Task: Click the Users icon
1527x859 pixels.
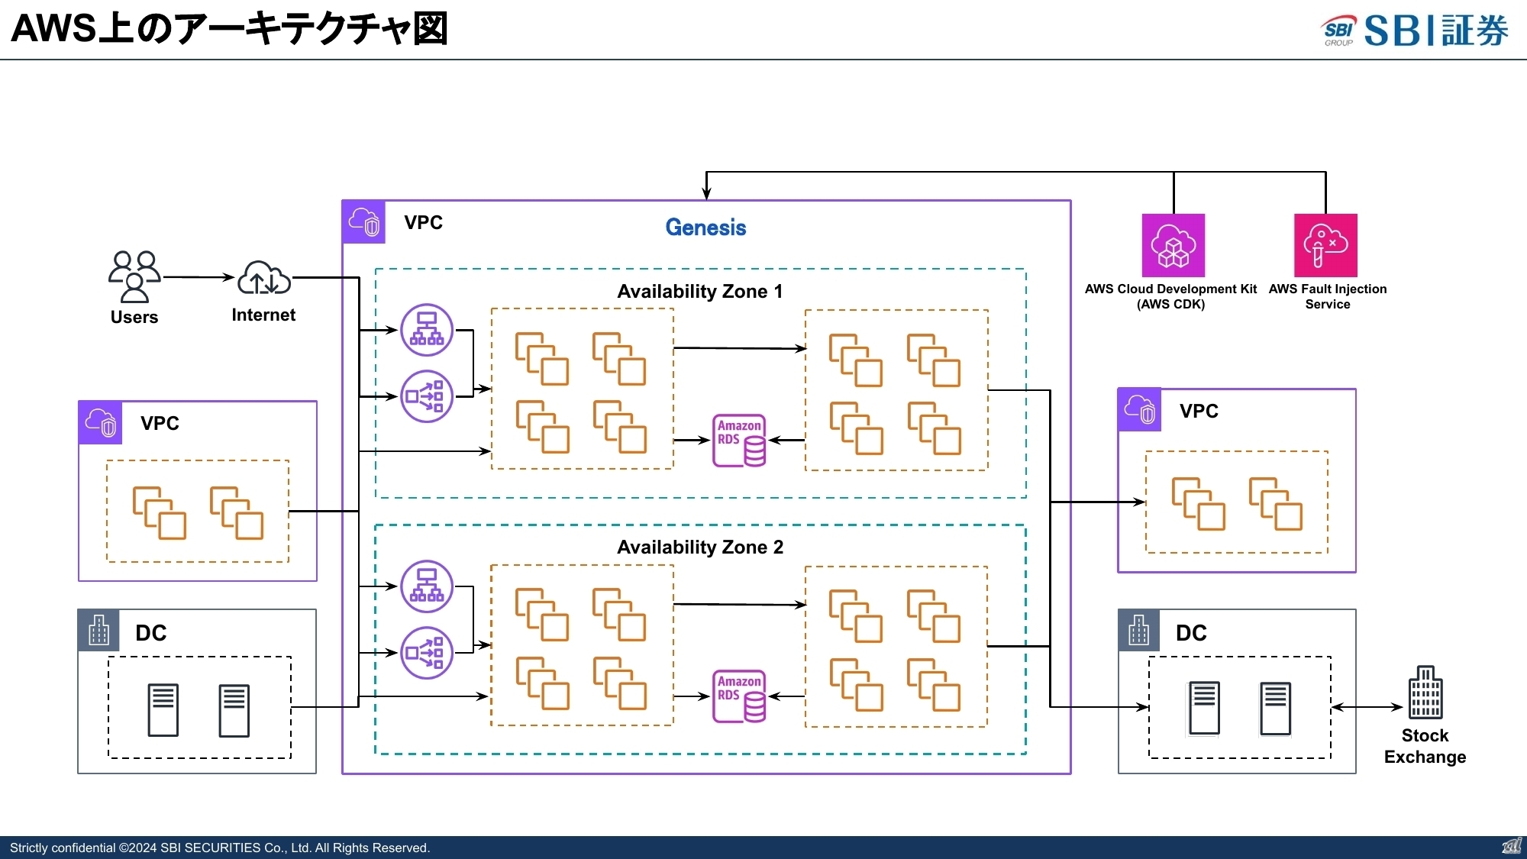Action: pos(134,277)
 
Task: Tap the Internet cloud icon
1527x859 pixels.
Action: pos(264,278)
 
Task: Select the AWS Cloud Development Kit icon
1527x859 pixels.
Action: pos(1173,245)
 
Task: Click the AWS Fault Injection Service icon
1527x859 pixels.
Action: pos(1325,245)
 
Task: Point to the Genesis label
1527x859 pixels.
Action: pos(705,228)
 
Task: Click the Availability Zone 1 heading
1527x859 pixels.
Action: pos(699,292)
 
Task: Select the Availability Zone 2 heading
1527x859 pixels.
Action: pos(699,547)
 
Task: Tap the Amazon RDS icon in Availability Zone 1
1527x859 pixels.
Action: pos(738,441)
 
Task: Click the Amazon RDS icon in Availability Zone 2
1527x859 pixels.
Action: pos(738,696)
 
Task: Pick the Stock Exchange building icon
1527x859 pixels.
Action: pos(1425,693)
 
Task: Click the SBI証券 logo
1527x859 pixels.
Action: pos(1415,31)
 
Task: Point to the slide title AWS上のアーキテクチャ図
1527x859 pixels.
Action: pos(229,29)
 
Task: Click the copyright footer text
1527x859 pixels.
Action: pos(220,848)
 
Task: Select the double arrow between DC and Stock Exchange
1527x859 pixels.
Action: pos(1367,707)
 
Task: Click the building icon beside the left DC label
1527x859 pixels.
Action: pos(99,631)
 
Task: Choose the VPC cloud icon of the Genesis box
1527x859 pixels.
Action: pos(363,222)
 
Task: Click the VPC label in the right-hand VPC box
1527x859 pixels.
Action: pos(1199,412)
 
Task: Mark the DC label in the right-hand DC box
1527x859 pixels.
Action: pos(1191,633)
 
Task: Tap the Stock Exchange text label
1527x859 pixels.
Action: pos(1425,746)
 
